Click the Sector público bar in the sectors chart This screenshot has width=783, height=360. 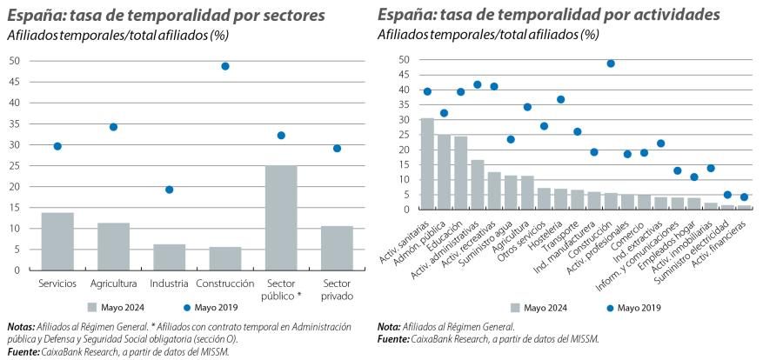pyautogui.click(x=281, y=217)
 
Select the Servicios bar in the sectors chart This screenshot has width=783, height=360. pyautogui.click(x=57, y=241)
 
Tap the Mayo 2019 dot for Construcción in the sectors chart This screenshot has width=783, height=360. pyautogui.click(x=225, y=66)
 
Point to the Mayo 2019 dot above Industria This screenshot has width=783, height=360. pyautogui.click(x=170, y=190)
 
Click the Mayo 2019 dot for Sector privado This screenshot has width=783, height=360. pyautogui.click(x=337, y=148)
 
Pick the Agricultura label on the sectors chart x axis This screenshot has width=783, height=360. pyautogui.click(x=113, y=283)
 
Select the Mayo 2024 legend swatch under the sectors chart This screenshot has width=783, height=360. pyautogui.click(x=95, y=306)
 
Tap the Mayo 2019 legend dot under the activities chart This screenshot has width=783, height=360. pyautogui.click(x=607, y=307)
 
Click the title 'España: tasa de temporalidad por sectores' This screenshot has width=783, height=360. pyautogui.click(x=165, y=16)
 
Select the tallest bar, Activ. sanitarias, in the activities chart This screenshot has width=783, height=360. pyautogui.click(x=427, y=163)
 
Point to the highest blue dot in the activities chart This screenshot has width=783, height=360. pyautogui.click(x=611, y=63)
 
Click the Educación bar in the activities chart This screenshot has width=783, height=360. pyautogui.click(x=460, y=172)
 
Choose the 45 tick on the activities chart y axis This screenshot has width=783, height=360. pyautogui.click(x=403, y=75)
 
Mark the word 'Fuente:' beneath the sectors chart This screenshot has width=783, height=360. pyautogui.click(x=23, y=352)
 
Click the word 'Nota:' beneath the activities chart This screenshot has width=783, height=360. pyautogui.click(x=390, y=327)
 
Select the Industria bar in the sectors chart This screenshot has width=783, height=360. pyautogui.click(x=170, y=257)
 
